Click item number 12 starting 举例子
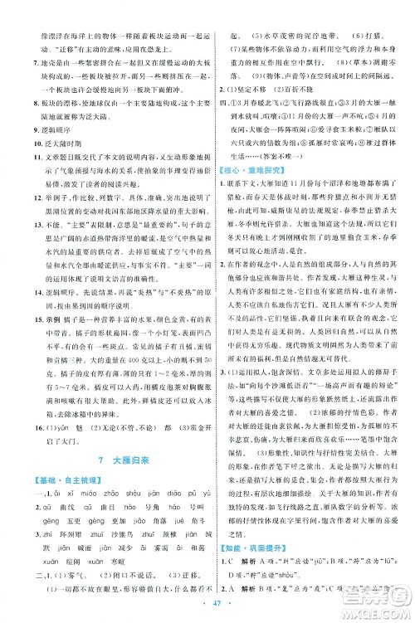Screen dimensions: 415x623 [26, 216]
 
